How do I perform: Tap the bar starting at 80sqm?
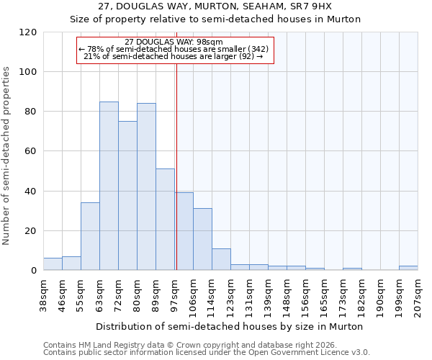click(x=146, y=187)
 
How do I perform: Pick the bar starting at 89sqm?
click(x=165, y=220)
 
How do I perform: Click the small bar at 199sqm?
click(x=408, y=268)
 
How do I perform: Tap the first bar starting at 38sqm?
click(x=53, y=264)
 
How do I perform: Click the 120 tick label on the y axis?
click(x=28, y=32)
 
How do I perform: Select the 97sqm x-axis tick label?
click(x=174, y=294)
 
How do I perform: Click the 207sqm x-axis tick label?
click(x=418, y=296)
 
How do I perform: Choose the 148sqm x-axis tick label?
click(x=287, y=296)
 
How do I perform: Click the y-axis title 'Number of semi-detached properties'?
click(x=7, y=156)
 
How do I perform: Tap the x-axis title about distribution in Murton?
click(x=230, y=326)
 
